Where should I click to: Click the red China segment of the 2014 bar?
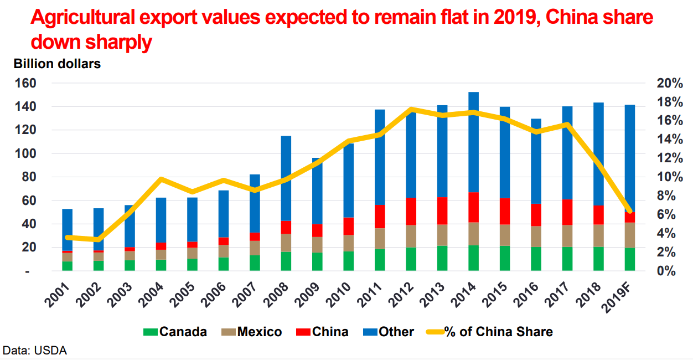pyautogui.click(x=473, y=207)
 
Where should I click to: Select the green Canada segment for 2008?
pyautogui.click(x=286, y=261)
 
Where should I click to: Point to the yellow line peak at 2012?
pyautogui.click(x=411, y=110)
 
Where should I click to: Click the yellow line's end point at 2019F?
pyautogui.click(x=630, y=212)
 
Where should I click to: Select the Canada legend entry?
pyautogui.click(x=176, y=332)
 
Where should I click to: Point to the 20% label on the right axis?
pyautogui.click(x=670, y=83)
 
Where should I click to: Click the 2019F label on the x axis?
pyautogui.click(x=628, y=296)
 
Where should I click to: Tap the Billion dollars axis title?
pyautogui.click(x=57, y=64)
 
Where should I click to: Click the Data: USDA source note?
pyautogui.click(x=34, y=351)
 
